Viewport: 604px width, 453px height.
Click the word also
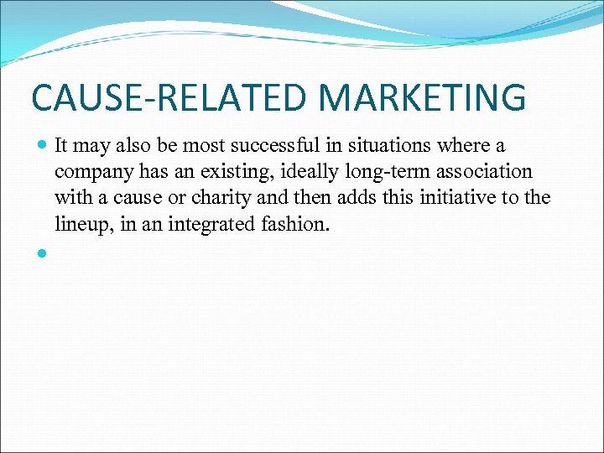point(133,146)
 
